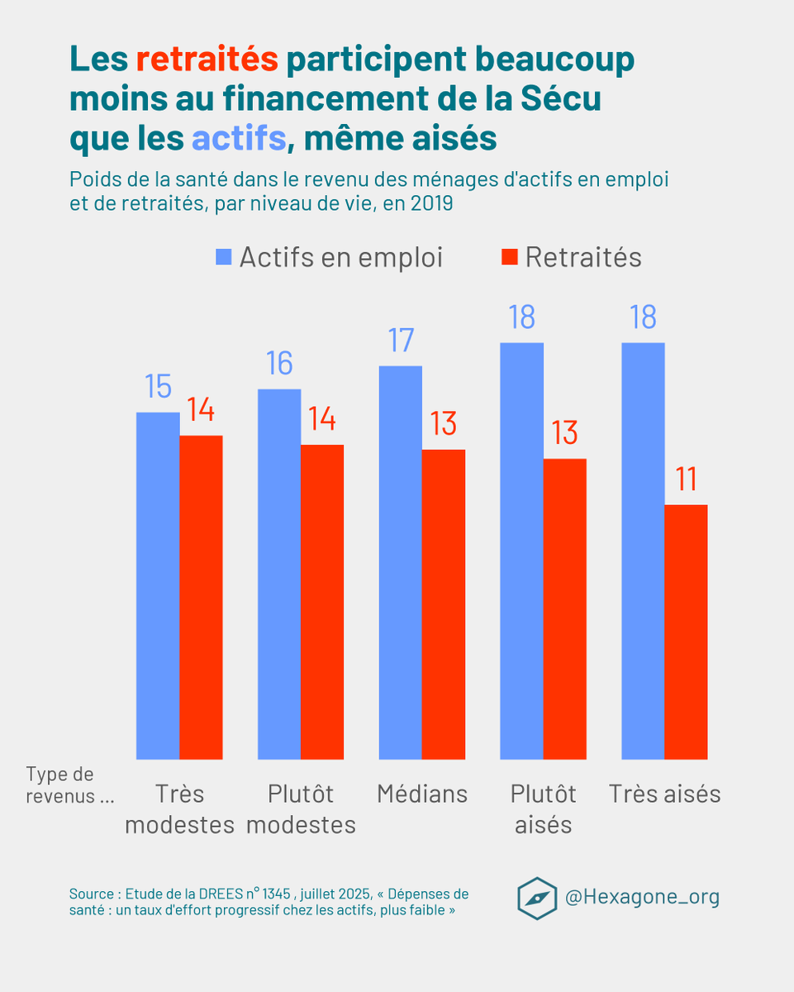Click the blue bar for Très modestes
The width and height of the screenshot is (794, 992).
tap(158, 585)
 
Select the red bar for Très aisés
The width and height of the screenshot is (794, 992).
tap(686, 632)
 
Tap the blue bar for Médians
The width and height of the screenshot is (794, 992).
tap(401, 562)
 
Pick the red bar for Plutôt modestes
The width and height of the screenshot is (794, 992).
tap(322, 602)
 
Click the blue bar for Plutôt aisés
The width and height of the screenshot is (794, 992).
tap(522, 551)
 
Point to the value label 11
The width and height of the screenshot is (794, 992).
tap(685, 480)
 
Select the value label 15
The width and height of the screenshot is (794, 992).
tap(158, 387)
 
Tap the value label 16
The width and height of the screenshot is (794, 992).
tap(279, 364)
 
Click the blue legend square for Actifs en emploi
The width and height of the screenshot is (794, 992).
tap(224, 257)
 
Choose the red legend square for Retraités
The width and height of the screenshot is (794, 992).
tap(509, 257)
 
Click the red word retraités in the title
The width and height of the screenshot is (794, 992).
tap(207, 60)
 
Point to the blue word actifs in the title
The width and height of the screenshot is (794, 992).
tap(238, 139)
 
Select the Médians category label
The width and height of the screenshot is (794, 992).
tap(422, 794)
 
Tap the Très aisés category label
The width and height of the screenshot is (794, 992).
tap(665, 794)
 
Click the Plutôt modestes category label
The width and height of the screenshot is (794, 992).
tap(301, 809)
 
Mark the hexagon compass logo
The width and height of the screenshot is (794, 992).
tap(537, 898)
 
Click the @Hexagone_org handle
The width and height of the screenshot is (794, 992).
tap(641, 897)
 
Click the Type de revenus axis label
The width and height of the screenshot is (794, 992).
tap(69, 785)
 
